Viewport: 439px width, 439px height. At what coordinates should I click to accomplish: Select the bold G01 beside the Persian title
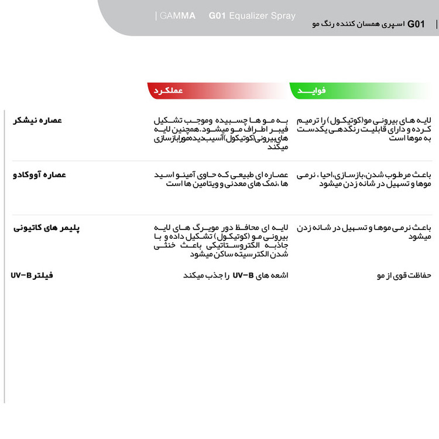[x=416, y=24]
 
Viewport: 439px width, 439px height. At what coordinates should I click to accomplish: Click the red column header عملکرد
[x=169, y=91]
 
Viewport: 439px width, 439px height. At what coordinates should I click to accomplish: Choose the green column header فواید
[x=312, y=91]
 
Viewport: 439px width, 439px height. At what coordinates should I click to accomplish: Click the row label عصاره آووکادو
[x=40, y=175]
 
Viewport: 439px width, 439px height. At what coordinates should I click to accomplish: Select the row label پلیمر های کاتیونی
[x=47, y=227]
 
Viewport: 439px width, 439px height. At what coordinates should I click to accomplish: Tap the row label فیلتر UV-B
[x=32, y=275]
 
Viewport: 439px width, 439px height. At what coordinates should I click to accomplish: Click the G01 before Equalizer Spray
[x=218, y=16]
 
